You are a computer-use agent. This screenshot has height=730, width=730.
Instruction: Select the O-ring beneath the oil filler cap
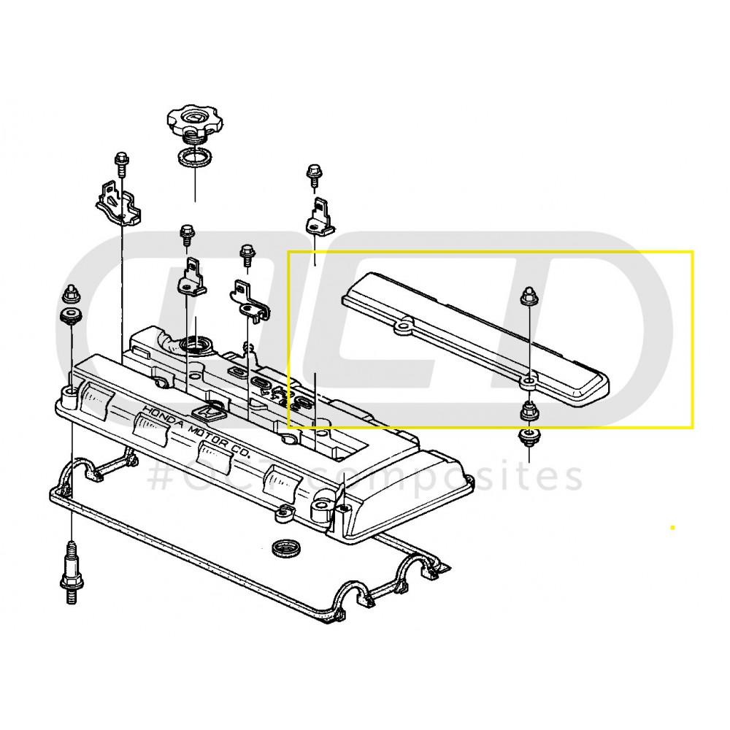click(194, 157)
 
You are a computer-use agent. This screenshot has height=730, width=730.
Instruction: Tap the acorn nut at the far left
click(72, 295)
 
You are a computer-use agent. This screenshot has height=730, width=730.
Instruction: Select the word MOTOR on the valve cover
click(204, 437)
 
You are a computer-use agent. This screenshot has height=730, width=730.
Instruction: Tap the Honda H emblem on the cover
click(211, 412)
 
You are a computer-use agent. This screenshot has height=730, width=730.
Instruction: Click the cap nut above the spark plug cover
click(528, 298)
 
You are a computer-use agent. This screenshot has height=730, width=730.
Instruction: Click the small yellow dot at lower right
click(672, 526)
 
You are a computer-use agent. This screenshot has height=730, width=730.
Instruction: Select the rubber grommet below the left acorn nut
click(71, 318)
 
